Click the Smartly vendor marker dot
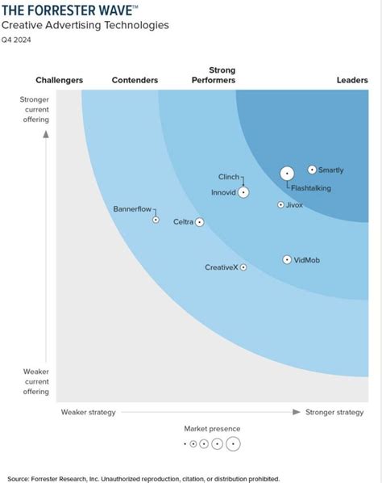[312, 170]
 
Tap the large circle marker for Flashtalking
[287, 174]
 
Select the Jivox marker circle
[280, 205]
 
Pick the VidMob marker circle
[287, 259]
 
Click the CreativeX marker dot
[243, 267]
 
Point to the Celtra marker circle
[199, 222]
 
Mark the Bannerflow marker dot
[156, 220]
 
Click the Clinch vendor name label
[229, 177]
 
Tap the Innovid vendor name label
[224, 192]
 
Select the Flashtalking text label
[310, 188]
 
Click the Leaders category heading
[352, 80]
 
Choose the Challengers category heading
[60, 80]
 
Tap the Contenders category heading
[135, 80]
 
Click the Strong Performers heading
[214, 75]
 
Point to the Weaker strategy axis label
[89, 412]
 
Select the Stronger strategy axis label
[334, 412]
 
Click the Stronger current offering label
[35, 110]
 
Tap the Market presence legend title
[212, 429]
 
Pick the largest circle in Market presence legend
[233, 443]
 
